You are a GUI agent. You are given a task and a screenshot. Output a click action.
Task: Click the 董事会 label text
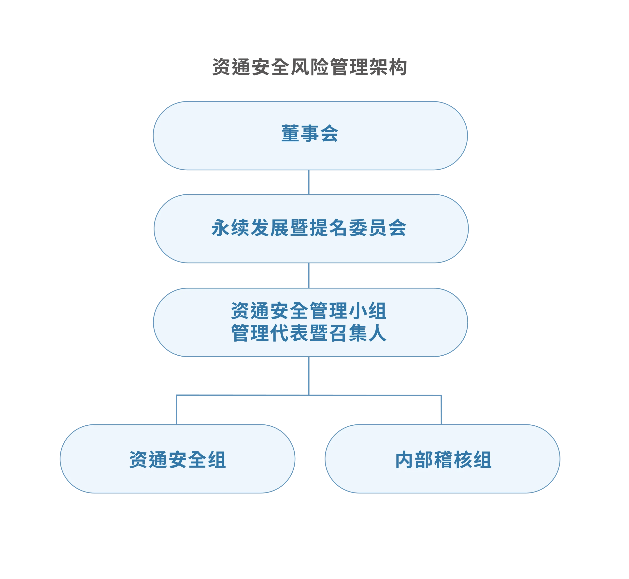tap(310, 134)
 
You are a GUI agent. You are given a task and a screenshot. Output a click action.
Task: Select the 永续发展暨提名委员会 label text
tap(309, 228)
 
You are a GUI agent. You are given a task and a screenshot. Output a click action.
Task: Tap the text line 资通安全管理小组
tap(309, 311)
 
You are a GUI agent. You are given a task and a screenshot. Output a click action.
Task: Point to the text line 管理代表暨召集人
tap(309, 333)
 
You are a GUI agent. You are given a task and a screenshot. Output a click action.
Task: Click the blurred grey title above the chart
tap(310, 67)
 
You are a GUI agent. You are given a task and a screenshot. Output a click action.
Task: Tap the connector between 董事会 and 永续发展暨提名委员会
tap(309, 182)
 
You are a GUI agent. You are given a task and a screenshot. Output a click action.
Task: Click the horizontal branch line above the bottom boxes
tap(309, 395)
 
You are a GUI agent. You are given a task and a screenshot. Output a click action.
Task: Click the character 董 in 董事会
tap(290, 134)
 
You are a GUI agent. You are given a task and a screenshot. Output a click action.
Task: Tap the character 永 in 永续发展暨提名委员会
tap(221, 228)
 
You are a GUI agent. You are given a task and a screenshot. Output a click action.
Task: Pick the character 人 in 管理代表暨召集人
tap(377, 333)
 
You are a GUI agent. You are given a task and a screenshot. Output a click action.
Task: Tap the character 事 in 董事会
tap(310, 134)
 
